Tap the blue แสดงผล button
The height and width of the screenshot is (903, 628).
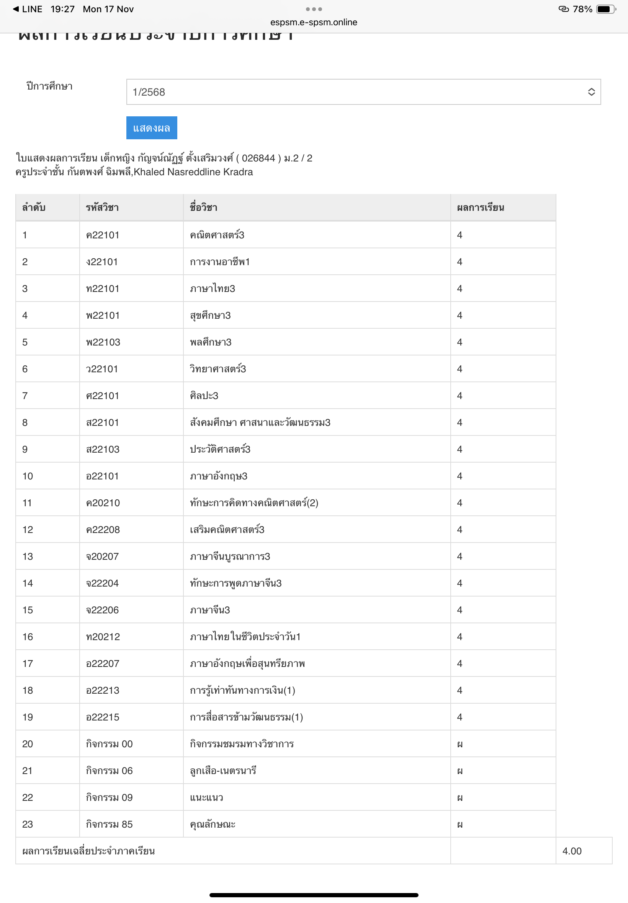tap(152, 128)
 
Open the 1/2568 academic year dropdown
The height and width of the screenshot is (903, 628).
tap(363, 92)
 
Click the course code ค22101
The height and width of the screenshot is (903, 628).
tap(102, 235)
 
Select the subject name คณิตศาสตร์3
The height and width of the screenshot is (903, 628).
tap(217, 235)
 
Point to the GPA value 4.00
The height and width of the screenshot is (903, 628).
tap(571, 851)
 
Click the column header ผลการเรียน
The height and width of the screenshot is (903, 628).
tap(480, 207)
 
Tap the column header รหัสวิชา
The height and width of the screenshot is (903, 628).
tap(102, 207)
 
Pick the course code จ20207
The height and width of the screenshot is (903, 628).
tap(102, 556)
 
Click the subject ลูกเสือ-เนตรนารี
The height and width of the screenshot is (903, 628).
tap(223, 771)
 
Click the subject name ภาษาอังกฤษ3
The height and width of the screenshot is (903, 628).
tap(218, 476)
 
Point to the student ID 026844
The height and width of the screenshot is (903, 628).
tap(258, 158)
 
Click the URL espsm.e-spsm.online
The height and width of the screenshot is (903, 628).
tap(314, 23)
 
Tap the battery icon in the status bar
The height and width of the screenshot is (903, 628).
tap(605, 9)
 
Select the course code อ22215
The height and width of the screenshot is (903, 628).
tap(102, 717)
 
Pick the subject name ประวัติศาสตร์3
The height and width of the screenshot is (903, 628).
tap(220, 449)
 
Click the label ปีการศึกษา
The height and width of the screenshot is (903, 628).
tap(49, 86)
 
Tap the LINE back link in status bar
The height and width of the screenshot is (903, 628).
tap(28, 9)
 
